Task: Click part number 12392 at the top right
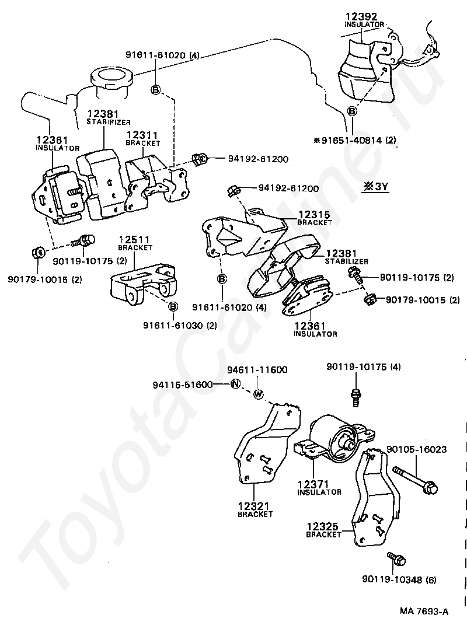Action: tap(361, 16)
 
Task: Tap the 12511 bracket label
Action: tap(135, 239)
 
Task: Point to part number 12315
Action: tap(314, 215)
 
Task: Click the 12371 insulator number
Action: tap(313, 484)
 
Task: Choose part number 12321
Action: tap(253, 506)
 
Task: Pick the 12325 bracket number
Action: tap(323, 526)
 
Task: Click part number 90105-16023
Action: tap(417, 449)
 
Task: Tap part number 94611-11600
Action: tap(257, 369)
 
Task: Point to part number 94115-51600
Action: tap(183, 385)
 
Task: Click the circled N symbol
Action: tap(235, 385)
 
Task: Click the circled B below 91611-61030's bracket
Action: tap(173, 306)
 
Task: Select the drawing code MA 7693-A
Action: tap(424, 612)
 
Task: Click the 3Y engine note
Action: tap(375, 187)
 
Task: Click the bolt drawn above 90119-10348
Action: tap(396, 558)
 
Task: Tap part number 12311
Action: tap(142, 135)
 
